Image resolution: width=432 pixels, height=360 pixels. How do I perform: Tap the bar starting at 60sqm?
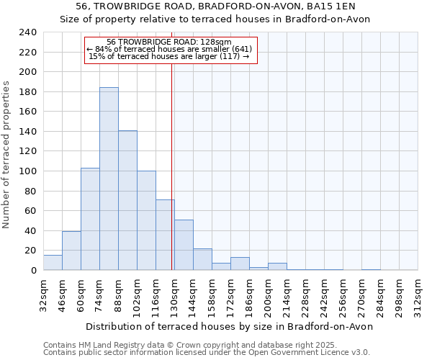(x=90, y=219)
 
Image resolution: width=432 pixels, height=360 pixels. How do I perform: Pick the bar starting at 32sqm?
(x=53, y=263)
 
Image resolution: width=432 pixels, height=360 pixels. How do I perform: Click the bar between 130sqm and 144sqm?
(x=184, y=245)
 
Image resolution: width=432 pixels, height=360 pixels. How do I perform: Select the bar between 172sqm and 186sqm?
(x=240, y=264)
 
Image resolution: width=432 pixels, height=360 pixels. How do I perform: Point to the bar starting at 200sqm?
(x=277, y=266)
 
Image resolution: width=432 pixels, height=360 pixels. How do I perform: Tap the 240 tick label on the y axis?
(x=28, y=32)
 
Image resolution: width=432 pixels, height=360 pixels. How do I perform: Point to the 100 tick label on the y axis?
(x=28, y=171)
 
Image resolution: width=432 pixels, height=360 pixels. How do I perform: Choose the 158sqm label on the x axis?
(x=212, y=296)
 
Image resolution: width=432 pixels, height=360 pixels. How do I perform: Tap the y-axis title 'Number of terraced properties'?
(x=6, y=155)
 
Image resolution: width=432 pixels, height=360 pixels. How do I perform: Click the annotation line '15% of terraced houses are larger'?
(x=168, y=56)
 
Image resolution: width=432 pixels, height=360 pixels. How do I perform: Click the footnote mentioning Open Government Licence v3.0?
(x=207, y=352)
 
